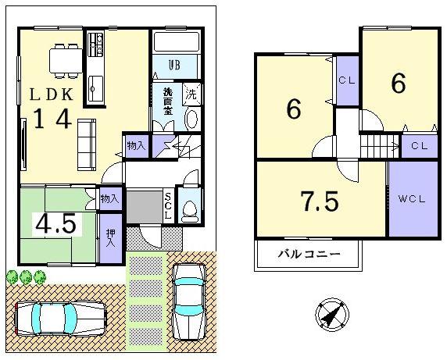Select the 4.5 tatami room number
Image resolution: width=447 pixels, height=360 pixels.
point(55,224)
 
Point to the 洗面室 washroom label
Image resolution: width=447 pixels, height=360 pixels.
point(167,101)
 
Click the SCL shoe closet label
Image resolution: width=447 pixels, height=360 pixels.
point(167,205)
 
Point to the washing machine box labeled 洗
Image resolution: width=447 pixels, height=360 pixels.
point(191,95)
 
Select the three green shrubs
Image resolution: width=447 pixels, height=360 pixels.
point(26,276)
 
